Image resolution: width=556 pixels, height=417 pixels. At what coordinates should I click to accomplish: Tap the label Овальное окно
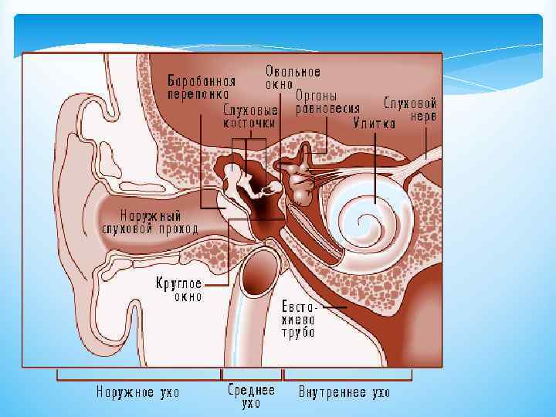coord(293,78)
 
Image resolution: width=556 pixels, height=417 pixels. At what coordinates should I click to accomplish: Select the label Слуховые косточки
coord(250,116)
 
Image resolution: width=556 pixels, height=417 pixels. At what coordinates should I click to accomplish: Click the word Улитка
coord(375,122)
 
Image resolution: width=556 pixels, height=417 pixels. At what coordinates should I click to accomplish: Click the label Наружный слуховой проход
coord(151,222)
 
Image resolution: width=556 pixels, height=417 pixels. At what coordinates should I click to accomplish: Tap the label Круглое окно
coord(179,289)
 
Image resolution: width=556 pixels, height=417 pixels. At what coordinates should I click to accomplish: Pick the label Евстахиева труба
coord(298,318)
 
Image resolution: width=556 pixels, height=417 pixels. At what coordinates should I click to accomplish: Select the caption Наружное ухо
coord(137,392)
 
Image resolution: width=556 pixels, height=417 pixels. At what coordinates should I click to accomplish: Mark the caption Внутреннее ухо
coord(344,392)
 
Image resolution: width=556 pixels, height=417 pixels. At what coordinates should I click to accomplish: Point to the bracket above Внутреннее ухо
coord(347,377)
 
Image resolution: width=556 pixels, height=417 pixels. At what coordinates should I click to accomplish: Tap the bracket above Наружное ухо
coord(137,377)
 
